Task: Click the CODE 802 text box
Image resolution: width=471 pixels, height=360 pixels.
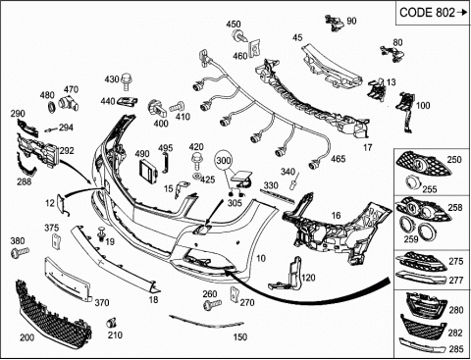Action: pyautogui.click(x=433, y=13)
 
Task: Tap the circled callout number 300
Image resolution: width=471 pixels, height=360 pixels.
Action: pyautogui.click(x=224, y=161)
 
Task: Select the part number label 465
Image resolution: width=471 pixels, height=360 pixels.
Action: pyautogui.click(x=338, y=159)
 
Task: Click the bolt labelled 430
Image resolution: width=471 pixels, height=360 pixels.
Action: pyautogui.click(x=126, y=81)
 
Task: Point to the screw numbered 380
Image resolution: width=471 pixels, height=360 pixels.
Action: pyautogui.click(x=20, y=252)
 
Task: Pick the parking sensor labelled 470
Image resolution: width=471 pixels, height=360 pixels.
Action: pyautogui.click(x=68, y=103)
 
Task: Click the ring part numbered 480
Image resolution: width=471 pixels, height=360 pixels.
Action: pyautogui.click(x=51, y=106)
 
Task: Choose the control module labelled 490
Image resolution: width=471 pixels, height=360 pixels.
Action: pyautogui.click(x=149, y=171)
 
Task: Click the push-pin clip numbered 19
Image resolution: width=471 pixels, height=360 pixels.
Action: pyautogui.click(x=102, y=233)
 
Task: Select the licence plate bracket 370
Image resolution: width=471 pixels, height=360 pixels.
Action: pyautogui.click(x=67, y=279)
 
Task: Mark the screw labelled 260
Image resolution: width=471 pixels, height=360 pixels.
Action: pyautogui.click(x=212, y=304)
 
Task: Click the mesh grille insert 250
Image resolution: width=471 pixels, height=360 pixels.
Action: pyautogui.click(x=423, y=164)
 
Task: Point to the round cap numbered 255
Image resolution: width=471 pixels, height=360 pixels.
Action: pyautogui.click(x=414, y=182)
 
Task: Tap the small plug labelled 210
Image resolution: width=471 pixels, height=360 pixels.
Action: pyautogui.click(x=112, y=323)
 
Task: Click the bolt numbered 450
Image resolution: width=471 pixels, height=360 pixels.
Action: pyautogui.click(x=238, y=35)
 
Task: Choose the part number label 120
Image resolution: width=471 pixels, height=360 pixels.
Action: pyautogui.click(x=308, y=278)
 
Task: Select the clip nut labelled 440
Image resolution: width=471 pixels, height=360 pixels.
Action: pyautogui.click(x=128, y=102)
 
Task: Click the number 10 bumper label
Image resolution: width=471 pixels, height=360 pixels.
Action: pyautogui.click(x=261, y=258)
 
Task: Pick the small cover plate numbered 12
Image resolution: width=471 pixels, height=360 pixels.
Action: pyautogui.click(x=62, y=204)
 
